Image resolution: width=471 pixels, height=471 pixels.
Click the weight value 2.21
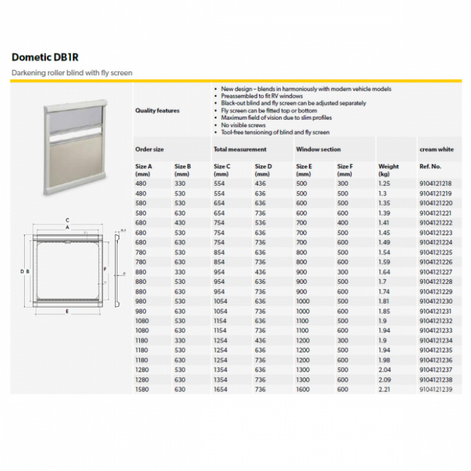click(385, 390)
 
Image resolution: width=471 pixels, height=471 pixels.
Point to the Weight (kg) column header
click(389, 170)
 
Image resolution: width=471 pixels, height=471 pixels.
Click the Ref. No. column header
click(430, 167)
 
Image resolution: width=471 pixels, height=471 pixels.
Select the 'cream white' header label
click(436, 149)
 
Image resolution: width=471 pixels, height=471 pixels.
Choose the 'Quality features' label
click(157, 111)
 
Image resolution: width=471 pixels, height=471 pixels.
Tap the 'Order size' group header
click(150, 149)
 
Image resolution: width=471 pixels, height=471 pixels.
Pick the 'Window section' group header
click(318, 149)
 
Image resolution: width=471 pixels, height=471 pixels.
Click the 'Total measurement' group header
click(240, 149)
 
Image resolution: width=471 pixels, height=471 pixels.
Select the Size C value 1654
click(221, 390)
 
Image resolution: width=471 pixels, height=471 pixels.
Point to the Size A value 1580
click(143, 390)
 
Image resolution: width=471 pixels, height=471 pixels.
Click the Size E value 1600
click(304, 390)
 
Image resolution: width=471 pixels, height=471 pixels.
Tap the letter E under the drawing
click(67, 311)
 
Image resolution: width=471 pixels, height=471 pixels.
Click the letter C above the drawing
click(67, 220)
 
